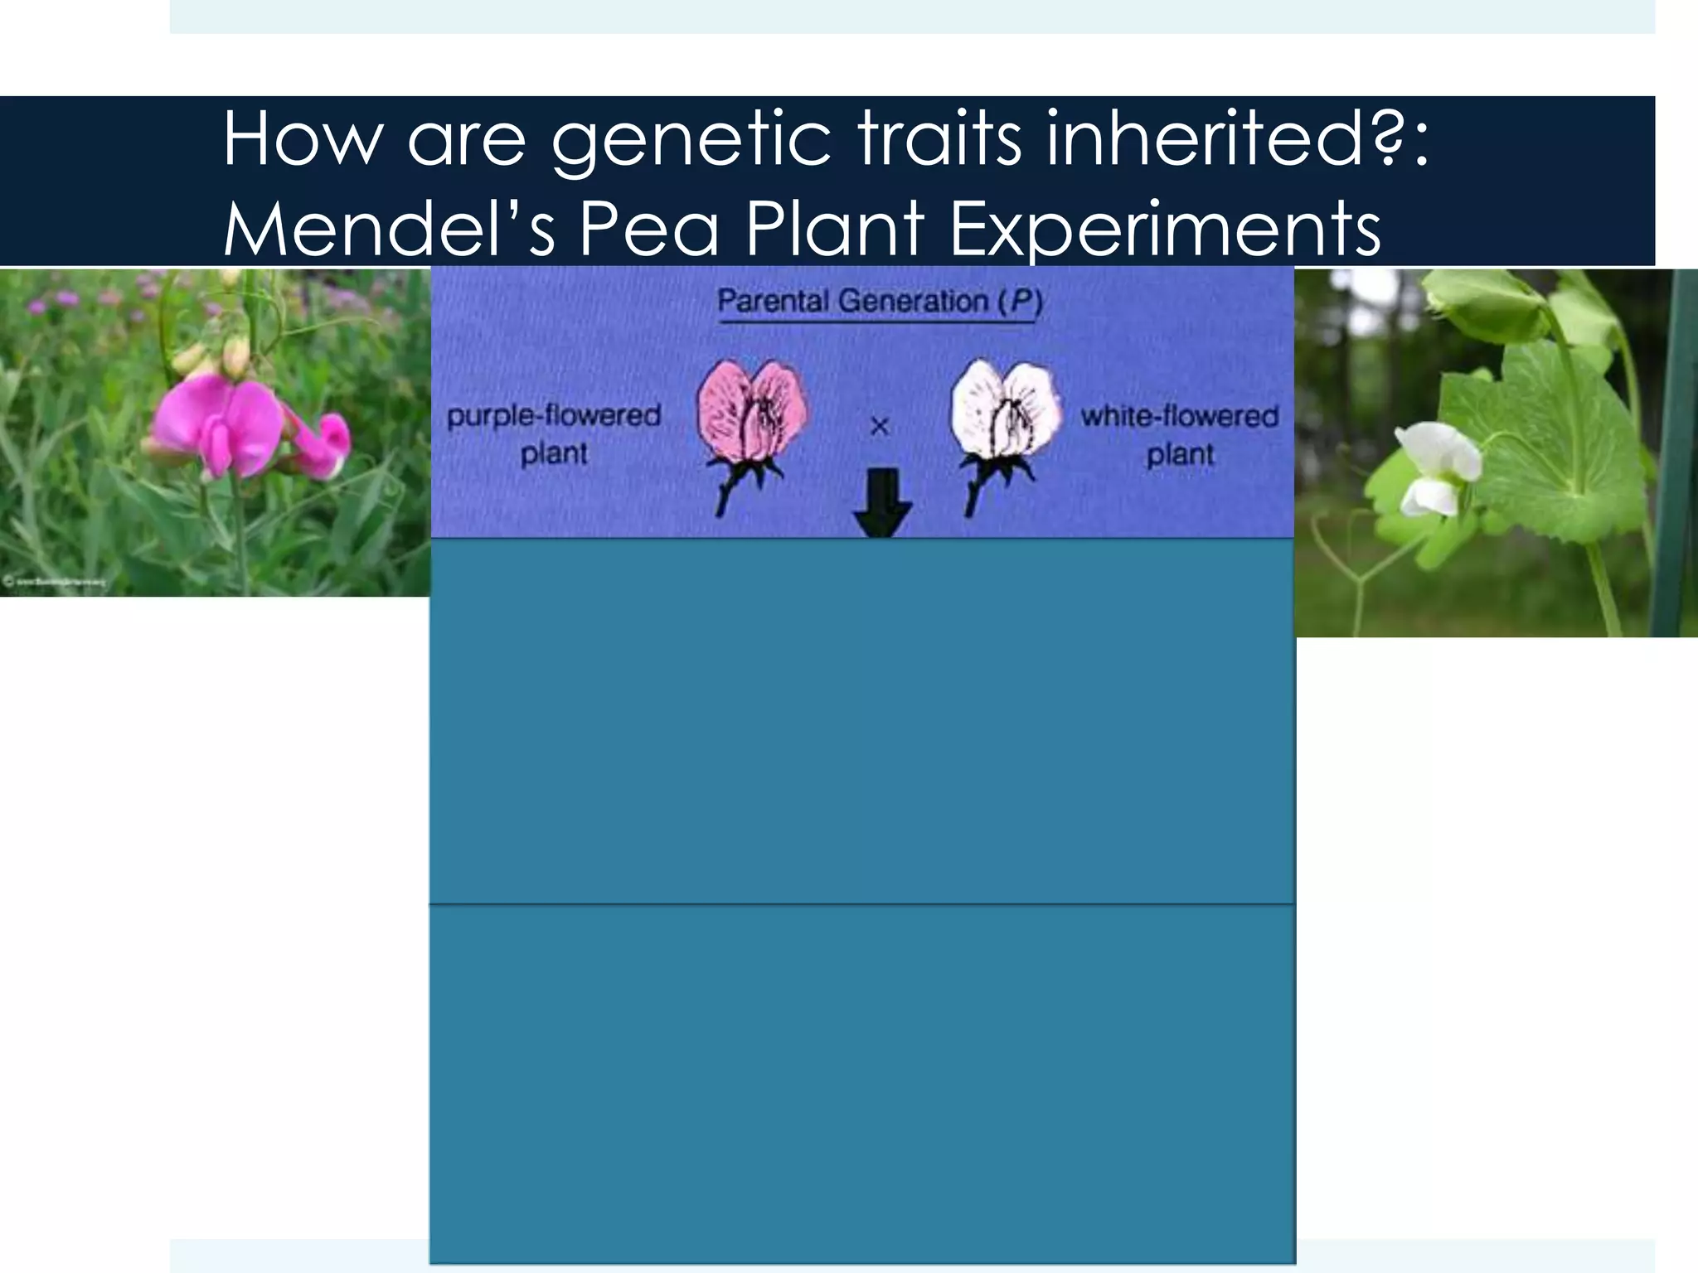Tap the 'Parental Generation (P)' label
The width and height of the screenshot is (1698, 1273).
pos(879,301)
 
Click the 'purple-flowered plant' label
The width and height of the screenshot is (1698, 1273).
pos(554,434)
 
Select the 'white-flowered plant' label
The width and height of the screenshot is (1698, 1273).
pos(1179,434)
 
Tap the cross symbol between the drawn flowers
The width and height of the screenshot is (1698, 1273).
pos(879,428)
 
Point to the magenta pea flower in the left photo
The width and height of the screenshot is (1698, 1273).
pos(240,427)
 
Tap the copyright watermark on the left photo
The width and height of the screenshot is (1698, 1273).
pos(55,582)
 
